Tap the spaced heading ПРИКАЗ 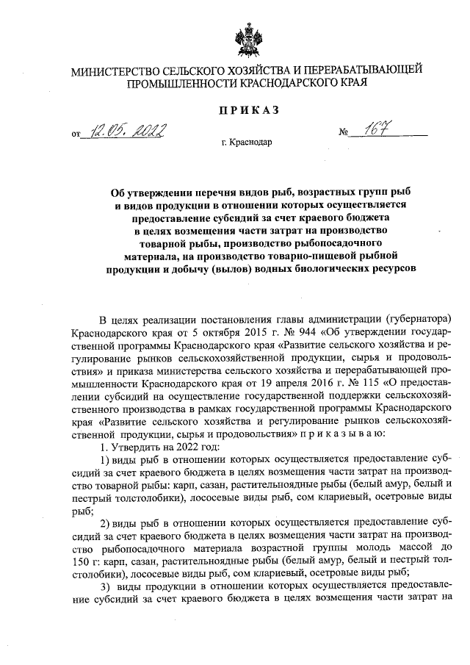246,110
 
